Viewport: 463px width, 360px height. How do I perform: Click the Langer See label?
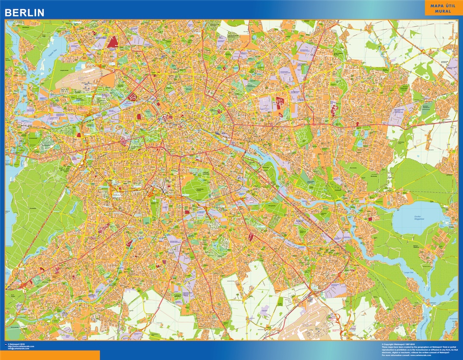coord(408,271)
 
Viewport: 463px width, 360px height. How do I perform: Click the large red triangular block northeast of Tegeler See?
coord(113,42)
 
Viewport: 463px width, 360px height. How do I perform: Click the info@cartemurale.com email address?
coord(21,349)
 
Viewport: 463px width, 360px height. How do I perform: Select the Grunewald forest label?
coord(29,205)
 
